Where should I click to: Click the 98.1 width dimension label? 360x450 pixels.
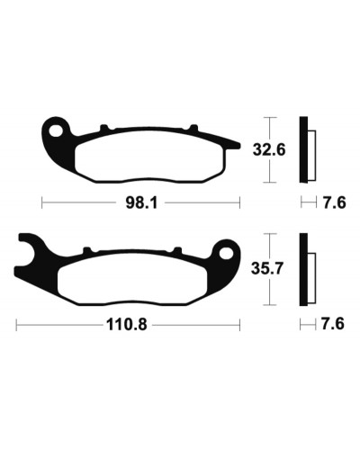(x=141, y=203)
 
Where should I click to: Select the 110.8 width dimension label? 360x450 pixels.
(x=127, y=324)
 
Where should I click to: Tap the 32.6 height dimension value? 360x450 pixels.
(x=269, y=149)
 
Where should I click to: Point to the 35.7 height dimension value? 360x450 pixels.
(x=267, y=268)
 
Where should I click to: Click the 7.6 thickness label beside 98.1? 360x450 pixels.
(x=335, y=203)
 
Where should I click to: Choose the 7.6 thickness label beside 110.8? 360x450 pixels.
(x=333, y=324)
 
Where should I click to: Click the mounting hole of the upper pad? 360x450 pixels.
(x=57, y=131)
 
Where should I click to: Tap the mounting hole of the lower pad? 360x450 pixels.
(x=226, y=254)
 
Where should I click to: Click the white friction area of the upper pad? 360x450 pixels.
(x=149, y=156)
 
